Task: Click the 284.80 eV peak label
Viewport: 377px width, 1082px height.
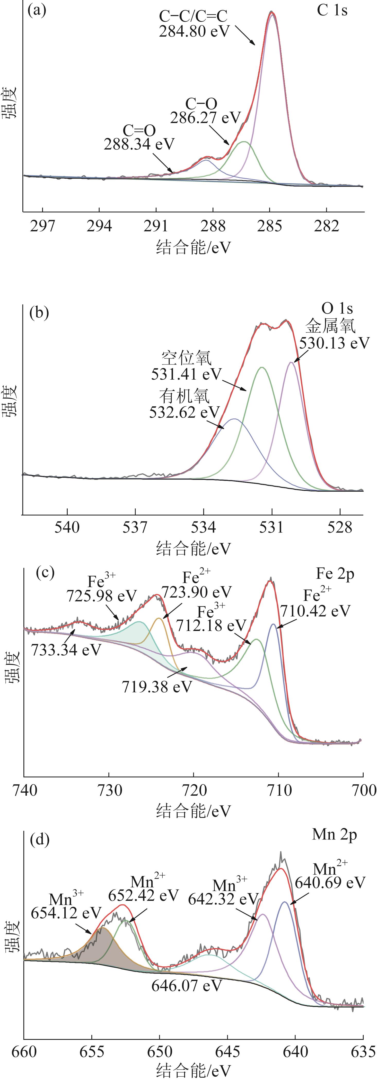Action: [x=194, y=31]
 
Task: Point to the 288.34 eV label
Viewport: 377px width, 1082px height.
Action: [x=139, y=144]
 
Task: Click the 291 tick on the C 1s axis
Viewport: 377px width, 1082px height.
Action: [x=156, y=226]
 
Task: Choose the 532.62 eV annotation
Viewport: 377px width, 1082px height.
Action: [x=184, y=412]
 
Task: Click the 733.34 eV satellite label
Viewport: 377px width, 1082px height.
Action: [x=66, y=650]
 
